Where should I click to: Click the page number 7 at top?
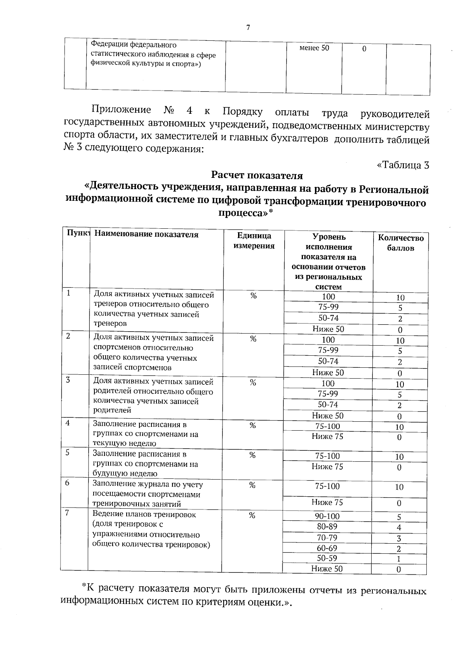click(x=248, y=28)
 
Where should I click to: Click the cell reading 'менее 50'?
click(x=314, y=48)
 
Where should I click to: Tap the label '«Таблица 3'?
click(x=403, y=165)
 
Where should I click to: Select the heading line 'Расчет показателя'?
click(x=257, y=176)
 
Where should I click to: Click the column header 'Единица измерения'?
click(x=254, y=241)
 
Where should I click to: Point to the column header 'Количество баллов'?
click(x=401, y=243)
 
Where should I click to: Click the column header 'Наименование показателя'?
click(x=146, y=235)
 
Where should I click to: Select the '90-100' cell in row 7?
click(x=327, y=516)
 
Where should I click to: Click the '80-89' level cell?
click(x=327, y=527)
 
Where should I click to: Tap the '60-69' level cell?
click(x=327, y=548)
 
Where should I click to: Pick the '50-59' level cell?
click(x=327, y=558)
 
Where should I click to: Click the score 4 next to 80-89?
click(x=399, y=528)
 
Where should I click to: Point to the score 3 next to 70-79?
click(x=399, y=539)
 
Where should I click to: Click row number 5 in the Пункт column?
click(x=67, y=452)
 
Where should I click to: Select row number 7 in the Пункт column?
click(x=67, y=513)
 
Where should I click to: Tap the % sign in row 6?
click(x=252, y=485)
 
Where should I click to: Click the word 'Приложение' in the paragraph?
click(x=121, y=110)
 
